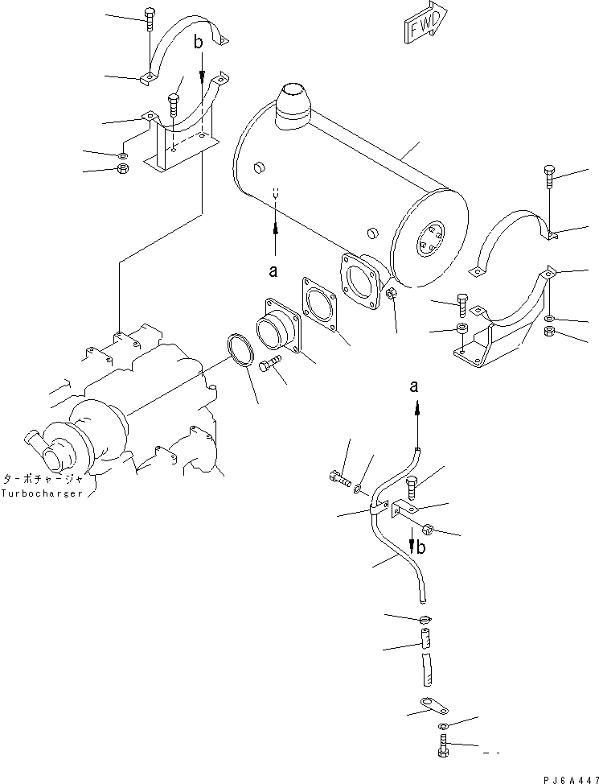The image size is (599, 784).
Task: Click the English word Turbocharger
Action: (41, 493)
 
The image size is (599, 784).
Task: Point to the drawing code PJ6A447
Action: (560, 775)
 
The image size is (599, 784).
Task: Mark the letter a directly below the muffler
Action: (273, 271)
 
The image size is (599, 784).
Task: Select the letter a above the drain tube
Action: (414, 387)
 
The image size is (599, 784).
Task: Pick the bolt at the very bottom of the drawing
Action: (444, 746)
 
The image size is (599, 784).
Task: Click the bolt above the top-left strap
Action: (150, 18)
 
